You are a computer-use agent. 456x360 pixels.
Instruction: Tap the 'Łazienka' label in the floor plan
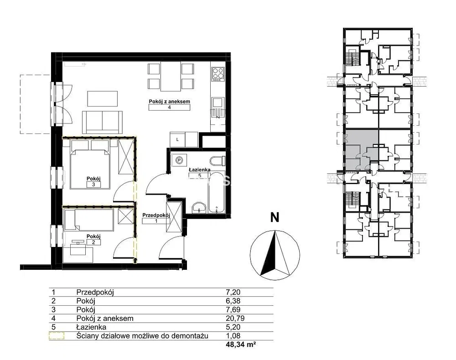coord(200,170)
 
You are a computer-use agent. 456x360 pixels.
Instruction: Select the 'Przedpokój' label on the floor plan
coord(156,215)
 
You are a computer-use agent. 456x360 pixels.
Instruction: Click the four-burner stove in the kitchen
coord(218,74)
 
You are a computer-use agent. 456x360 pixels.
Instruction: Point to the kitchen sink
coord(218,103)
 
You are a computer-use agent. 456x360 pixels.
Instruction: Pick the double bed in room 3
coord(90,165)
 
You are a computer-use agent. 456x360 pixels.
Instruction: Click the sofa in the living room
coord(102,122)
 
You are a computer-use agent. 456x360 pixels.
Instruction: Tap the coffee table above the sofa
coord(103,99)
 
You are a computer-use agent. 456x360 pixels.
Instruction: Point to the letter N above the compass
coord(275,217)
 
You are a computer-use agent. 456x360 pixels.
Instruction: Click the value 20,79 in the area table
coord(235,319)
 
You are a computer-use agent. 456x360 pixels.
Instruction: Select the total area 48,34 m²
coord(241,345)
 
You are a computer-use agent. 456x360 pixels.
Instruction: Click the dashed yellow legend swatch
coord(57,336)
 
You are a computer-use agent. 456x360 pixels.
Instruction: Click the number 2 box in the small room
coord(93,242)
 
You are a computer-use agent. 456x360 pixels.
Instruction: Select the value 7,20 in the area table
coord(233,292)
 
